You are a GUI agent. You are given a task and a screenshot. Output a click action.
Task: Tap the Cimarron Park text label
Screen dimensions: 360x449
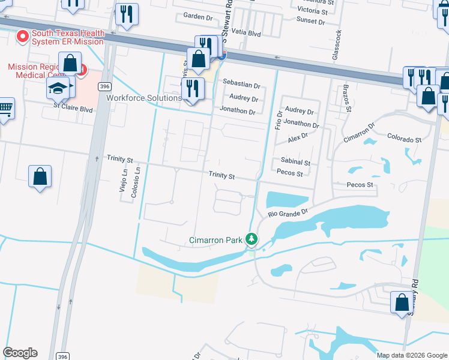tap(215, 241)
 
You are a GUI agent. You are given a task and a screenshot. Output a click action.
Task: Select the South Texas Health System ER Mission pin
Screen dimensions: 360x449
tap(23, 37)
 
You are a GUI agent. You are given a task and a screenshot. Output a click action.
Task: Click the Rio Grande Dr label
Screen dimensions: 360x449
tap(288, 212)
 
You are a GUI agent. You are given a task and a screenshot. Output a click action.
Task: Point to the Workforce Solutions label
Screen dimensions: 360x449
tap(144, 98)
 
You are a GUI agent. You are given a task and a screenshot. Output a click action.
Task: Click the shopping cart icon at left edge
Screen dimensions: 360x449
tap(5, 109)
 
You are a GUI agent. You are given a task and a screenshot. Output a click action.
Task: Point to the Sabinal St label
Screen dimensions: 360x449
tap(295, 162)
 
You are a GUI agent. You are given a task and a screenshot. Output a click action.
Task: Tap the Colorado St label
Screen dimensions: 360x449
tap(404, 139)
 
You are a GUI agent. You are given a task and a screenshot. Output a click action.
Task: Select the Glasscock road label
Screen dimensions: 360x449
tap(339, 45)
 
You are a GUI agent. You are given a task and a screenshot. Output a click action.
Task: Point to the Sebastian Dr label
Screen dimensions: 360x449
tap(241, 86)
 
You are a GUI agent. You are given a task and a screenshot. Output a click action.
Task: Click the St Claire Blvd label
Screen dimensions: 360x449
tap(73, 110)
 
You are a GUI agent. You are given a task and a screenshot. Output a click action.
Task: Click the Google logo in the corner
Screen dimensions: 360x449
tap(20, 353)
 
